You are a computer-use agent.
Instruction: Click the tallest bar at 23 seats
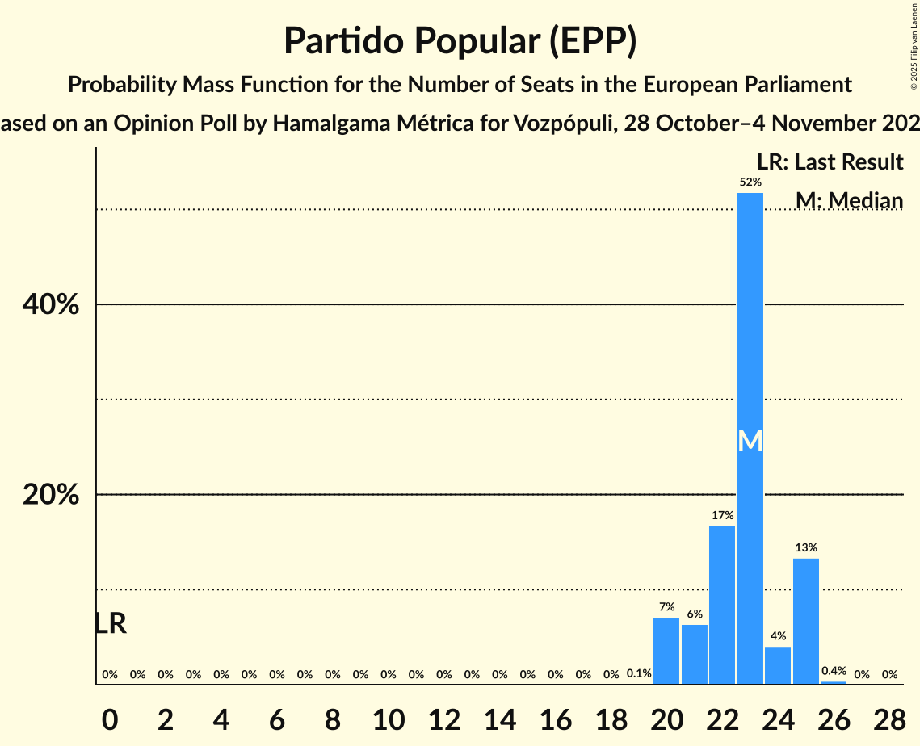point(750,323)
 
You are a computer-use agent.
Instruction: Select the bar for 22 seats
point(722,606)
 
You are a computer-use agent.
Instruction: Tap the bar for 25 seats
point(806,622)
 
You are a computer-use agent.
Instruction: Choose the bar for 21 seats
point(695,655)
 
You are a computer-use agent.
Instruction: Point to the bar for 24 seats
point(778,665)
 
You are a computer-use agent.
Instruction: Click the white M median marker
point(750,441)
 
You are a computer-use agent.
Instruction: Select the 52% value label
point(750,182)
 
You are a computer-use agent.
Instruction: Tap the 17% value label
point(722,515)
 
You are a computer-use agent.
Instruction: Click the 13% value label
point(806,547)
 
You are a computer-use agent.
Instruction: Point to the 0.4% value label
point(834,671)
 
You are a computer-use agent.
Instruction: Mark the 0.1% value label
point(639,674)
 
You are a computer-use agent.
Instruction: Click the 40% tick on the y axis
point(50,305)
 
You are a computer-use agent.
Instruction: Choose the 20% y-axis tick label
point(50,495)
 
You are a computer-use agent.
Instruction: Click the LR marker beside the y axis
point(110,623)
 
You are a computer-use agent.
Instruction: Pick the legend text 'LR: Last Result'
point(830,162)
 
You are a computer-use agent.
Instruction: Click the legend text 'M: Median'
point(849,200)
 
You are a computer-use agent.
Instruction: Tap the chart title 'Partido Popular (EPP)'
point(460,40)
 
